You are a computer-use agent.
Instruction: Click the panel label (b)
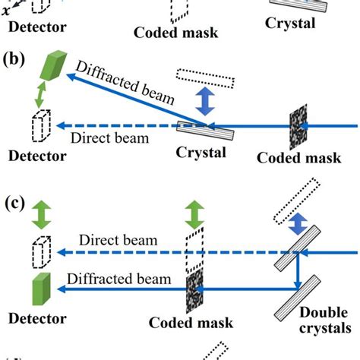[x=17, y=58]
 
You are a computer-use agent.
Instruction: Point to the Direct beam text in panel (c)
[x=122, y=241]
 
